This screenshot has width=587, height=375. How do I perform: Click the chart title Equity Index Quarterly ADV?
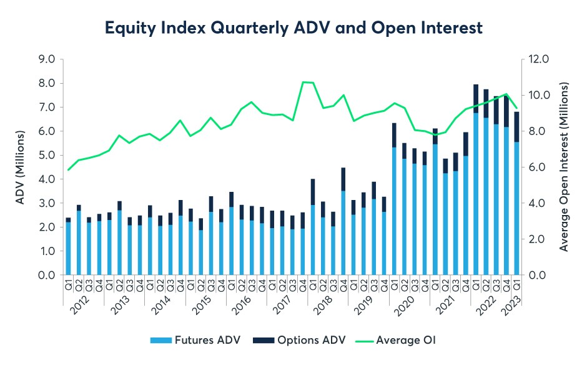[x=293, y=28]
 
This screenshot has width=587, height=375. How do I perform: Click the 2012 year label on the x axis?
[x=80, y=309]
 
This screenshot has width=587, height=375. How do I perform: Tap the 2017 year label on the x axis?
[x=282, y=309]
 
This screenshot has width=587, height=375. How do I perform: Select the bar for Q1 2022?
[x=476, y=181]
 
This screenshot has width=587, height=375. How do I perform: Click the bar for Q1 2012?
[x=68, y=247]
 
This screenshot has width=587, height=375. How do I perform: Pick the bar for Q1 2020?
[x=394, y=200]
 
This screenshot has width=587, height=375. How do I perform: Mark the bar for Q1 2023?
[x=516, y=194]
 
